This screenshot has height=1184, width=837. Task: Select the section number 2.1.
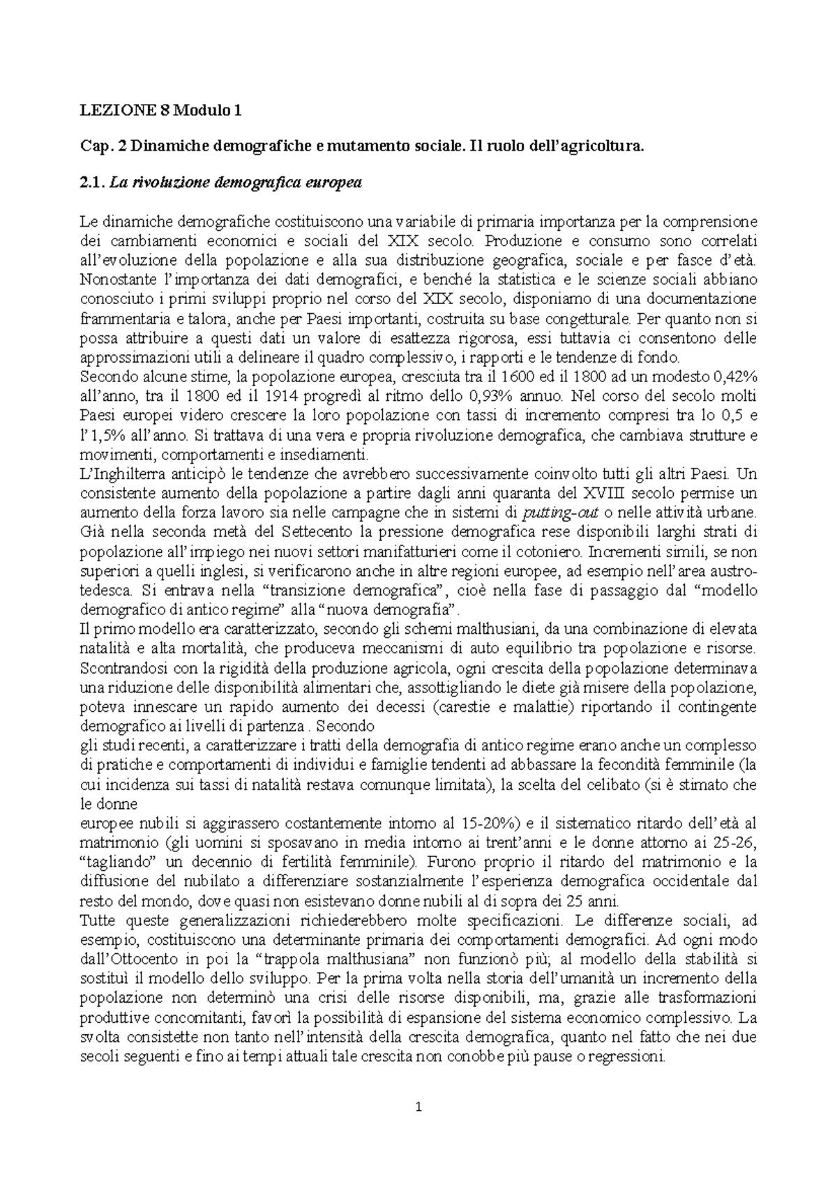click(x=93, y=183)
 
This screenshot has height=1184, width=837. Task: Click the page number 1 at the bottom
click(x=418, y=1106)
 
